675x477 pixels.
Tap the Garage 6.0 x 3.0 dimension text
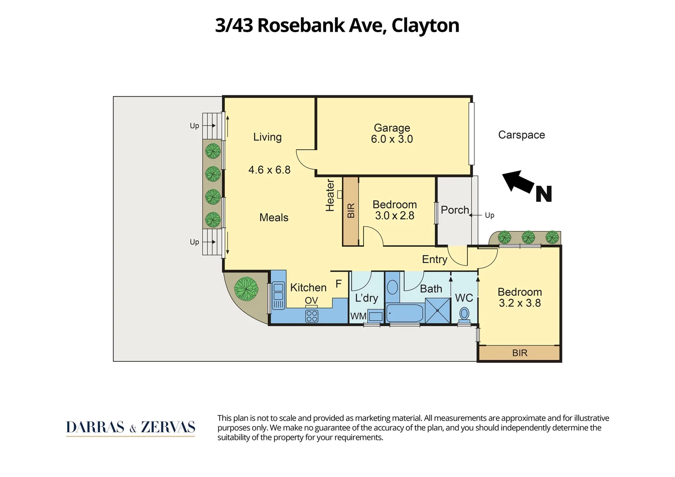coord(392,139)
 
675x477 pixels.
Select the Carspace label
coord(521,135)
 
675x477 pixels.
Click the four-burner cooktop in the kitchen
coord(311,316)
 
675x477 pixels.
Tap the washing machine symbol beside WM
coord(375,316)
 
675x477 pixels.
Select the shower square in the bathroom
coord(437,310)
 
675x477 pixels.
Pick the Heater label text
coord(330,195)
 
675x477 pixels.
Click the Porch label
coord(455,210)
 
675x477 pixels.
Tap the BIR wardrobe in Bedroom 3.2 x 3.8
coord(520,353)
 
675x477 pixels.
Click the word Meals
coord(273,217)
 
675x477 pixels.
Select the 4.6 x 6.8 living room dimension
coord(269,170)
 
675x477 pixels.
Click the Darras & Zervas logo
coord(130,428)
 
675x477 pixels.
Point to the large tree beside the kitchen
coord(246,288)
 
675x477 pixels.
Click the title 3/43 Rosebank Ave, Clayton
coord(337,25)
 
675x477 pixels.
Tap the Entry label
coord(434,259)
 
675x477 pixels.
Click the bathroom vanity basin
coord(392,287)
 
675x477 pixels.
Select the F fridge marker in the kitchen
coord(338,284)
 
